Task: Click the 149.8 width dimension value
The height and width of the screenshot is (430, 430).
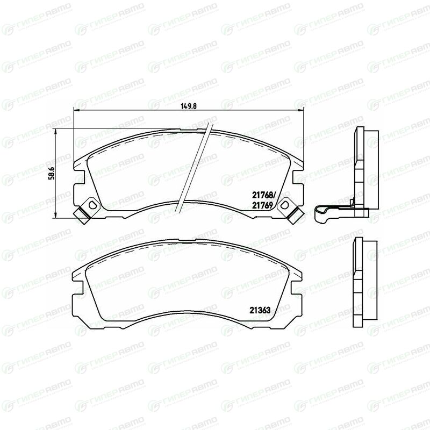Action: [189, 106]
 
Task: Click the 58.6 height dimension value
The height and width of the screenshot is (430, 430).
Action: [52, 173]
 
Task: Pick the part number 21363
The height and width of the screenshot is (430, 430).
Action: [260, 310]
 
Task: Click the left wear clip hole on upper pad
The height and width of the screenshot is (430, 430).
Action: [92, 204]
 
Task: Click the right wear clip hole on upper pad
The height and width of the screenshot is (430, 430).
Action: [284, 204]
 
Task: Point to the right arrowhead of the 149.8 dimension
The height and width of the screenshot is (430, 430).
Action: [301, 110]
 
